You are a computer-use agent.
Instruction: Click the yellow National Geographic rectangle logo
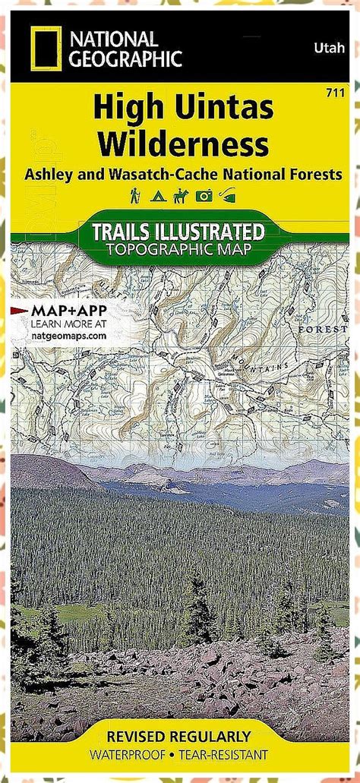(x=43, y=49)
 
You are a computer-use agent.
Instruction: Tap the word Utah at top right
(x=326, y=49)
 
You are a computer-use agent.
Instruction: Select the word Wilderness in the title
(x=182, y=143)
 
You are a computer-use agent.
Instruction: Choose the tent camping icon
(x=158, y=197)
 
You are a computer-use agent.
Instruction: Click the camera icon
(x=204, y=197)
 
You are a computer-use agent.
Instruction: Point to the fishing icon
(x=226, y=197)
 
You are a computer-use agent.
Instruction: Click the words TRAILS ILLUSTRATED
(x=178, y=230)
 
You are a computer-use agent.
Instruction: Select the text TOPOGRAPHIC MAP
(x=178, y=248)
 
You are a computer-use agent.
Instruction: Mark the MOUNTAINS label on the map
(x=262, y=370)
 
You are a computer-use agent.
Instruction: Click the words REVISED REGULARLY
(x=180, y=736)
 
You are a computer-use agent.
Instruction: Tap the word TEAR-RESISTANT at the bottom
(x=228, y=754)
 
